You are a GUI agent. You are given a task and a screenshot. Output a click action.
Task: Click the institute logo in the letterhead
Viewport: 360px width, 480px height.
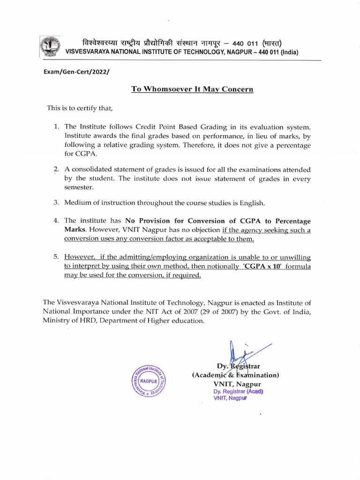[x=48, y=46]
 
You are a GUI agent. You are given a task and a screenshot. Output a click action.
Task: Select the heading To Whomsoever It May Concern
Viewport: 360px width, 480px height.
[x=192, y=90]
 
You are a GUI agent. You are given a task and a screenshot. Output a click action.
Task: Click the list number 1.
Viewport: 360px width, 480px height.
[x=56, y=127]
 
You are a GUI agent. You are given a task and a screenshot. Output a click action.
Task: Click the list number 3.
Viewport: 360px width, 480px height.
[x=56, y=203]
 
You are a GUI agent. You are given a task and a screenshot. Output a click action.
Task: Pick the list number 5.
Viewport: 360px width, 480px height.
[x=56, y=257]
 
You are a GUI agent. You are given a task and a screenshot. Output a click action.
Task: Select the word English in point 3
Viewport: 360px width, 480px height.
[x=251, y=203]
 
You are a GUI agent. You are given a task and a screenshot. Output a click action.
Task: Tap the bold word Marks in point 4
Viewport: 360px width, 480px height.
[x=75, y=230]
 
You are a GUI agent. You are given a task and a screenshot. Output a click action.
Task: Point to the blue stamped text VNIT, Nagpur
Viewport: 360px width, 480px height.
[x=230, y=398]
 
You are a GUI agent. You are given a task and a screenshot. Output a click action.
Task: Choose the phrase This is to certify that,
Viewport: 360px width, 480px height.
[x=80, y=108]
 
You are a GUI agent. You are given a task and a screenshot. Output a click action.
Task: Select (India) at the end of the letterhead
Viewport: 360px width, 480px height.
[x=290, y=52]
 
